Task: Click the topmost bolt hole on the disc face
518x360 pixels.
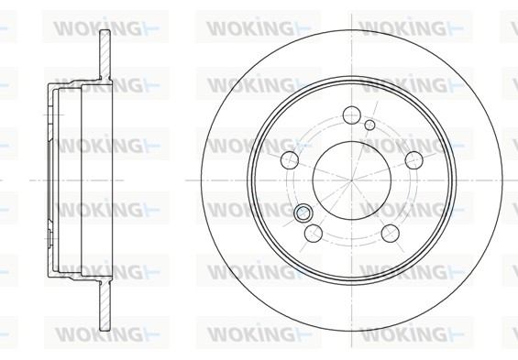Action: pos(351,115)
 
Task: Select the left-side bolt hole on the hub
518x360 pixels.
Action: pos(290,159)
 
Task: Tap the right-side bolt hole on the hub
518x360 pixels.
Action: pos(413,159)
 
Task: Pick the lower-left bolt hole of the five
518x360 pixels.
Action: pos(314,233)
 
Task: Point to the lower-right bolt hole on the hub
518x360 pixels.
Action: pos(391,233)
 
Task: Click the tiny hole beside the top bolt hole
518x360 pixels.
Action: pos(369,125)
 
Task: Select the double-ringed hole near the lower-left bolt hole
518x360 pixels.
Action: pos(303,213)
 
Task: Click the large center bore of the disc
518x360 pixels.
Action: pos(351,180)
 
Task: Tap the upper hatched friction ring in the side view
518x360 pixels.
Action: pos(105,55)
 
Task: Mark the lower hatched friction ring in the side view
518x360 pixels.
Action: pos(105,307)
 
